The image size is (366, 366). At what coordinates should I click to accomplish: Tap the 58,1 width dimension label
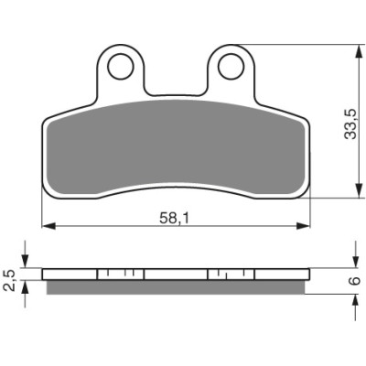(x=175, y=218)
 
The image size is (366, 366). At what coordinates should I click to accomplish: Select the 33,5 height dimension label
(x=350, y=124)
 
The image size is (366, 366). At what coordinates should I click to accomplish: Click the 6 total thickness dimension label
(x=355, y=281)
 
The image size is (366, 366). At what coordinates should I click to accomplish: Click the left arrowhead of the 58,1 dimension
(x=48, y=226)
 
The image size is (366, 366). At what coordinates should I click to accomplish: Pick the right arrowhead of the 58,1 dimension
(x=303, y=226)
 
